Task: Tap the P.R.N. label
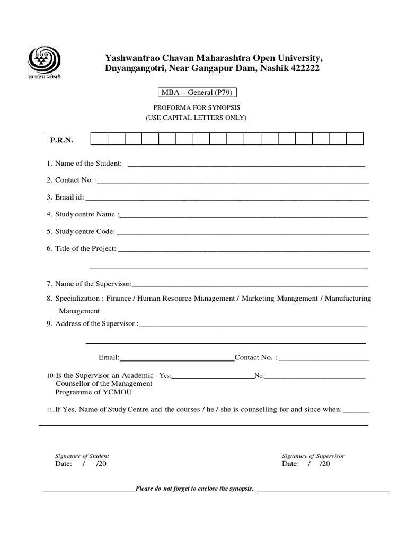(x=61, y=141)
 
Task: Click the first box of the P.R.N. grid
(x=100, y=139)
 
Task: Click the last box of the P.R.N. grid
(x=355, y=139)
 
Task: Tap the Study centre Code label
(x=84, y=231)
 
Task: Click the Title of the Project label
(x=85, y=248)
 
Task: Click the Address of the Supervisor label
(x=96, y=323)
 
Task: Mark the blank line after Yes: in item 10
(x=213, y=377)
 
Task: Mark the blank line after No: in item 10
(x=315, y=377)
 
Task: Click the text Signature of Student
(x=82, y=456)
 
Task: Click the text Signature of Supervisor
(x=313, y=456)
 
